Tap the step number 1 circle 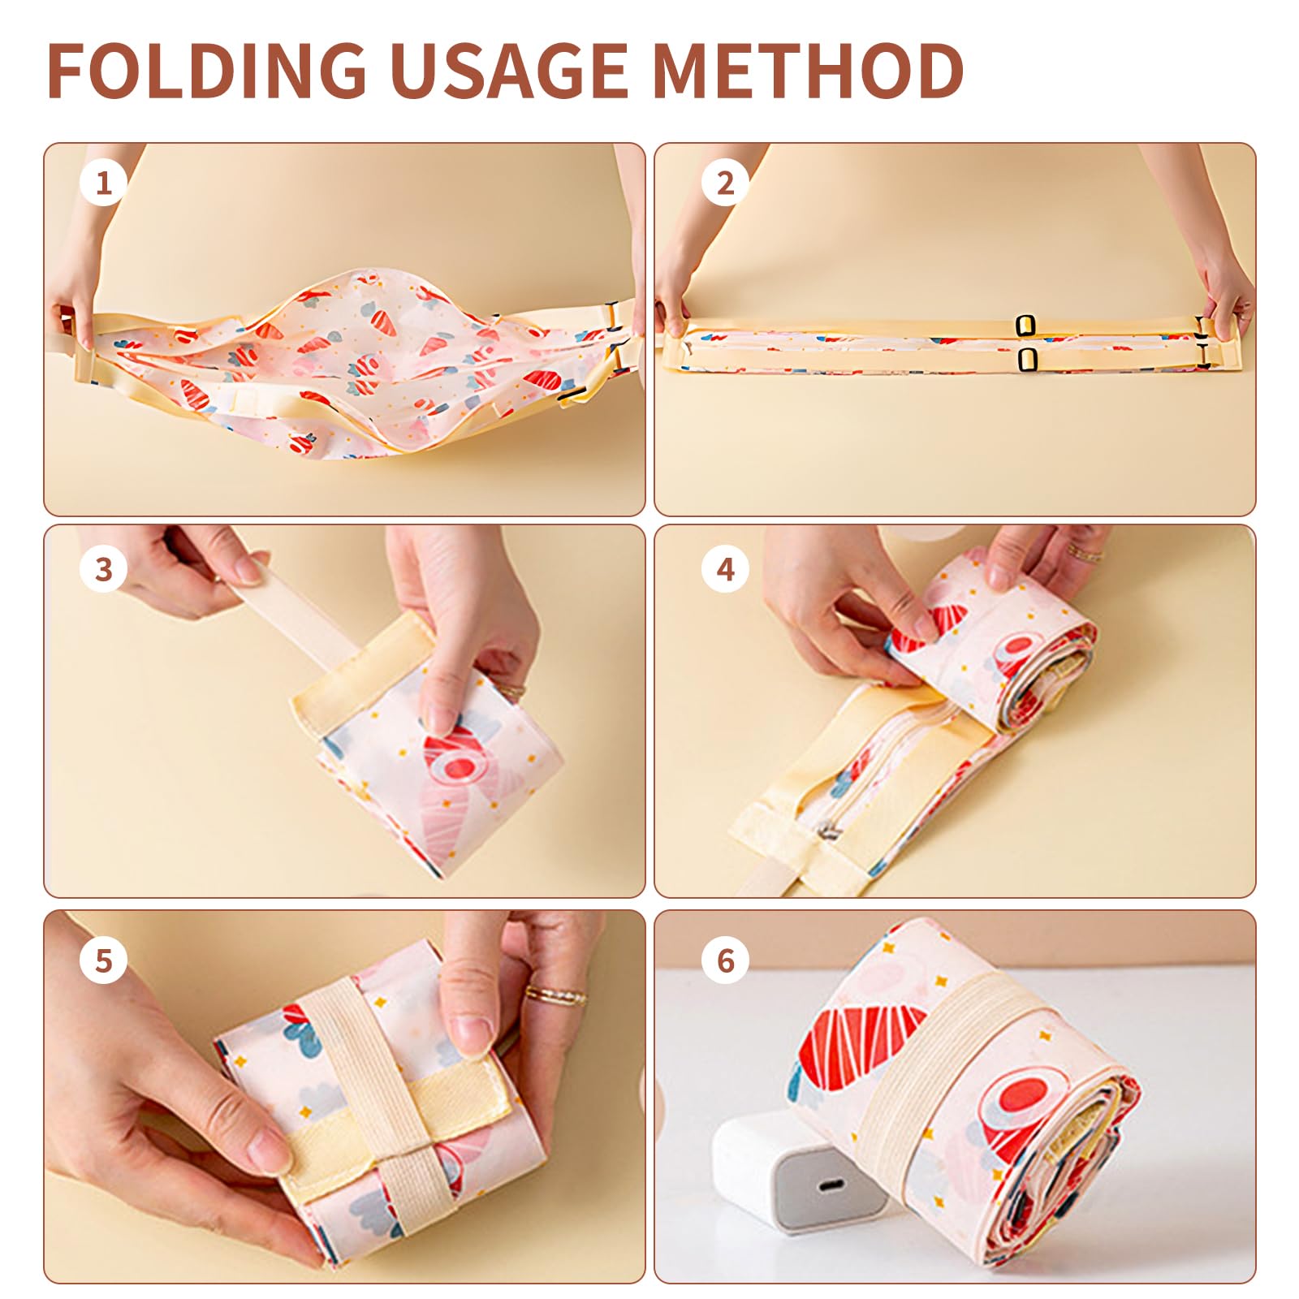click(103, 183)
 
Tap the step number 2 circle click(725, 183)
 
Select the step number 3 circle click(103, 569)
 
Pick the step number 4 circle click(725, 569)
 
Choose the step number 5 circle click(103, 960)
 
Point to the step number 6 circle click(725, 960)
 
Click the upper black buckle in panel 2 click(1026, 326)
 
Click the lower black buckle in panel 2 click(1027, 359)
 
